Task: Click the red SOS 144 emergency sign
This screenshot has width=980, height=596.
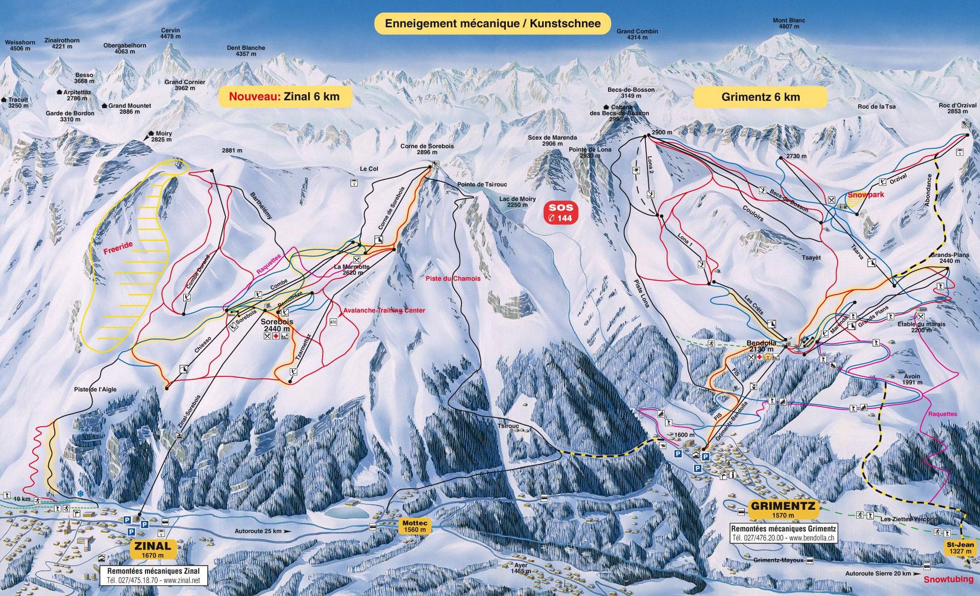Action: click(561, 212)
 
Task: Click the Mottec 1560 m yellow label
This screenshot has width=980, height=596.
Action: click(414, 526)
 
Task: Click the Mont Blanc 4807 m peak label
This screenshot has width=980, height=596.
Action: click(789, 23)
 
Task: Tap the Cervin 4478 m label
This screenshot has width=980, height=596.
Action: click(170, 33)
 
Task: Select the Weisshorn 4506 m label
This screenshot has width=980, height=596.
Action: click(20, 45)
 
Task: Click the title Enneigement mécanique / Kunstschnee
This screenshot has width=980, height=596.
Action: click(493, 23)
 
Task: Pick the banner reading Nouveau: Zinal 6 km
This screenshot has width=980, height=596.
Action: click(285, 97)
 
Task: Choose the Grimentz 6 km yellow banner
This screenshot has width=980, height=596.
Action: click(760, 97)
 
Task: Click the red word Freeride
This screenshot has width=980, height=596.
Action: click(118, 248)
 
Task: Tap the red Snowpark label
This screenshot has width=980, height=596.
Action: click(866, 195)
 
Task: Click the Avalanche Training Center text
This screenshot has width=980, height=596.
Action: click(384, 311)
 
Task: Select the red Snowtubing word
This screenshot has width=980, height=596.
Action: click(948, 580)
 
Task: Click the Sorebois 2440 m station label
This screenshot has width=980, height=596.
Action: click(277, 325)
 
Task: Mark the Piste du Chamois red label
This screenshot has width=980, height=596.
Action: click(453, 278)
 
